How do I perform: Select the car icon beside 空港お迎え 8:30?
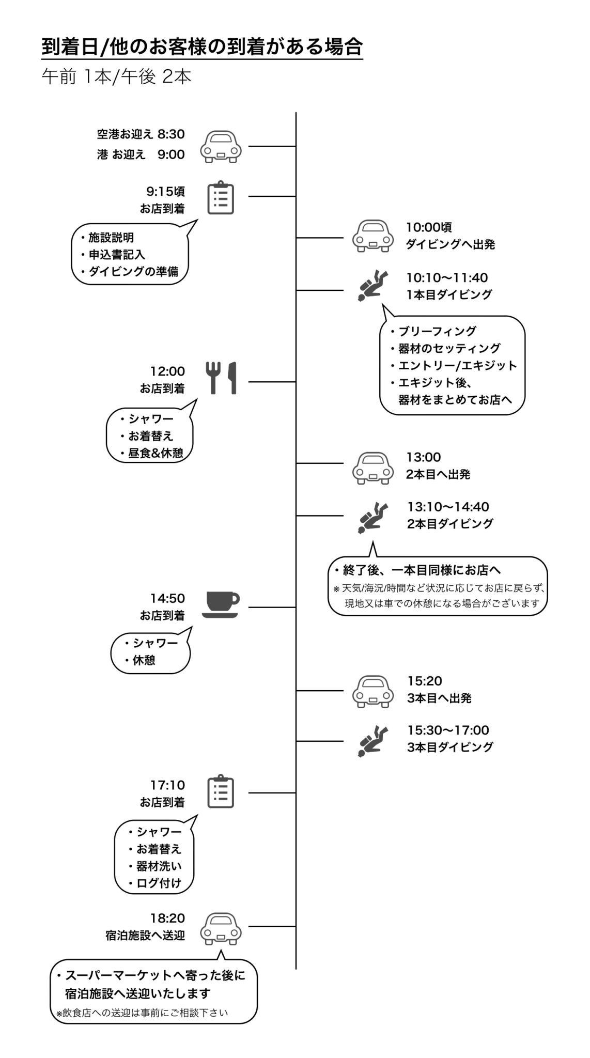tap(221, 146)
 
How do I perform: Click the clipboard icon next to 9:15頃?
tap(221, 197)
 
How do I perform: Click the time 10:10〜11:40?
tap(447, 278)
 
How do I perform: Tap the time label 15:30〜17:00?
tap(448, 730)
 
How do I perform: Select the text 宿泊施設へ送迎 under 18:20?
tap(145, 936)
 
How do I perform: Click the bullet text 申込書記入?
tap(117, 255)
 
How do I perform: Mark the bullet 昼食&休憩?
tap(156, 453)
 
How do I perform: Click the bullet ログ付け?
tap(159, 883)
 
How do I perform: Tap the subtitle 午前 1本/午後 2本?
tap(116, 76)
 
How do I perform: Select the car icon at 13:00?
tap(372, 468)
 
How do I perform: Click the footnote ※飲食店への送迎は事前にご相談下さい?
tap(142, 1013)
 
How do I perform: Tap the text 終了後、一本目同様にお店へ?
tap(421, 570)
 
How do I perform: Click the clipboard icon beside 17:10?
tap(221, 791)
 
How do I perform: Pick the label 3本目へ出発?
tap(439, 698)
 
